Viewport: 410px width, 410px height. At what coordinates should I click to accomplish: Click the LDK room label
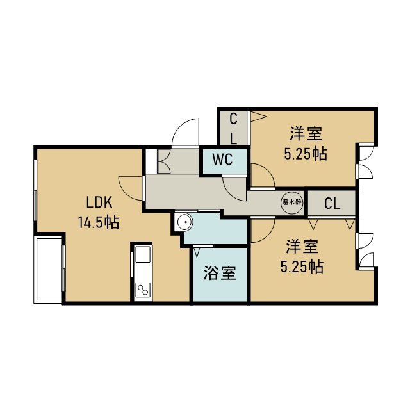coord(99,202)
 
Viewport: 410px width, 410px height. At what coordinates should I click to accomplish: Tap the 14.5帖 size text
coord(99,222)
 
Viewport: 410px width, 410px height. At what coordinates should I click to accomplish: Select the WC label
coord(222,160)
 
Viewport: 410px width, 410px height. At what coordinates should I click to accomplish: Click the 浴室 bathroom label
coord(220,273)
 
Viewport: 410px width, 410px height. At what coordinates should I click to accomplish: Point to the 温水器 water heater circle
coord(292,202)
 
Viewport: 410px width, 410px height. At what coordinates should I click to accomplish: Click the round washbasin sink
coord(185,222)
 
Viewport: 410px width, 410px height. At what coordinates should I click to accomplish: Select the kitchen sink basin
coord(143,254)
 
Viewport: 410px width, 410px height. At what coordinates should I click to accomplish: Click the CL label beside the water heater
coord(332,204)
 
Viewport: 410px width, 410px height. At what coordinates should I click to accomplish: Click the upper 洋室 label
coord(306,134)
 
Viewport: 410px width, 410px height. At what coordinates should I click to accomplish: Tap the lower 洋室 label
coord(302,247)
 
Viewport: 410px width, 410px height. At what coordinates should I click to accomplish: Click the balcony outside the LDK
coord(49,269)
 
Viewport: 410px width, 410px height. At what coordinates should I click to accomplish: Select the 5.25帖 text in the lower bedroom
coord(302,266)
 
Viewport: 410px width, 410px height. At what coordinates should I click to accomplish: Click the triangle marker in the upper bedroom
coord(258,117)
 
